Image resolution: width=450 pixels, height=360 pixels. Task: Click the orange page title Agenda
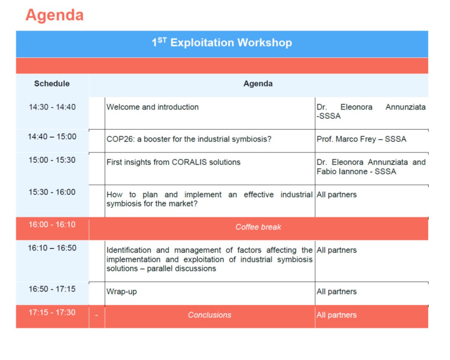54,15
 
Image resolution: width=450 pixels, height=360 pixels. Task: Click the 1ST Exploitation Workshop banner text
222,42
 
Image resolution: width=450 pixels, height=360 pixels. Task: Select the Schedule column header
52,83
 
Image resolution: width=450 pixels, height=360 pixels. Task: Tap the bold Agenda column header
258,83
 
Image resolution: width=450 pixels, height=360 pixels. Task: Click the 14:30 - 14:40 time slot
52,107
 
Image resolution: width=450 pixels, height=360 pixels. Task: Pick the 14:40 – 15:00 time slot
52,137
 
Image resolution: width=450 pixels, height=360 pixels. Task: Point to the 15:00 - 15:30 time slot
52,160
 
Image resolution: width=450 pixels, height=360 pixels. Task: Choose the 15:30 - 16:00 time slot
52,192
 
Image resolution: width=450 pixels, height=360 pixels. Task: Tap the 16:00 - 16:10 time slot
52,224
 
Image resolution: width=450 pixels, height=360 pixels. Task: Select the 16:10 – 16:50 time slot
52,248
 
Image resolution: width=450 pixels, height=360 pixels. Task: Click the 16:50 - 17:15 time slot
52,289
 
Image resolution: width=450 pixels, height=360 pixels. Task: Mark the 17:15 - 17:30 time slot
52,312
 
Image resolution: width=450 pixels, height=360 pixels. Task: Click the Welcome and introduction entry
153,107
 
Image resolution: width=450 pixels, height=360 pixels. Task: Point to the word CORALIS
190,162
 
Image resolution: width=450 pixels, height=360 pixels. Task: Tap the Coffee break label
258,227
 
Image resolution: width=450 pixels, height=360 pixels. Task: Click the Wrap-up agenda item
122,292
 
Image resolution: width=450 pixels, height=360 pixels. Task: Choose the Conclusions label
210,315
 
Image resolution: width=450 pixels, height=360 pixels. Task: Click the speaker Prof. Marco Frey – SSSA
361,139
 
